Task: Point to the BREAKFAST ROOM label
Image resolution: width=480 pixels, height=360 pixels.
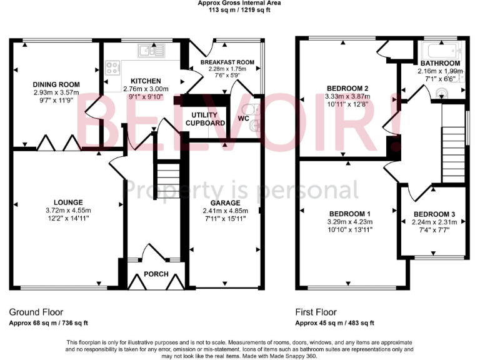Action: pos(227,62)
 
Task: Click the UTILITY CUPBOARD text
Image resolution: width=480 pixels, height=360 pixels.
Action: pos(205,119)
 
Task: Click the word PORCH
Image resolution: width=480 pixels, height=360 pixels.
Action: pos(156,274)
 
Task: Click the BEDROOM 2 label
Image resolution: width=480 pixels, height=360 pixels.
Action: pos(347,88)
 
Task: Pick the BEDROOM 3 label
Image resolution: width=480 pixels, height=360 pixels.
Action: pos(434,214)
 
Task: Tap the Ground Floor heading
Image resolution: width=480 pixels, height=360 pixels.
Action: pos(36,312)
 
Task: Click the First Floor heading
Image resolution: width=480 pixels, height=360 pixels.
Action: pos(316,312)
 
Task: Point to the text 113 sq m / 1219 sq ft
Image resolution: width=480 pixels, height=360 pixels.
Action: pos(239,11)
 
